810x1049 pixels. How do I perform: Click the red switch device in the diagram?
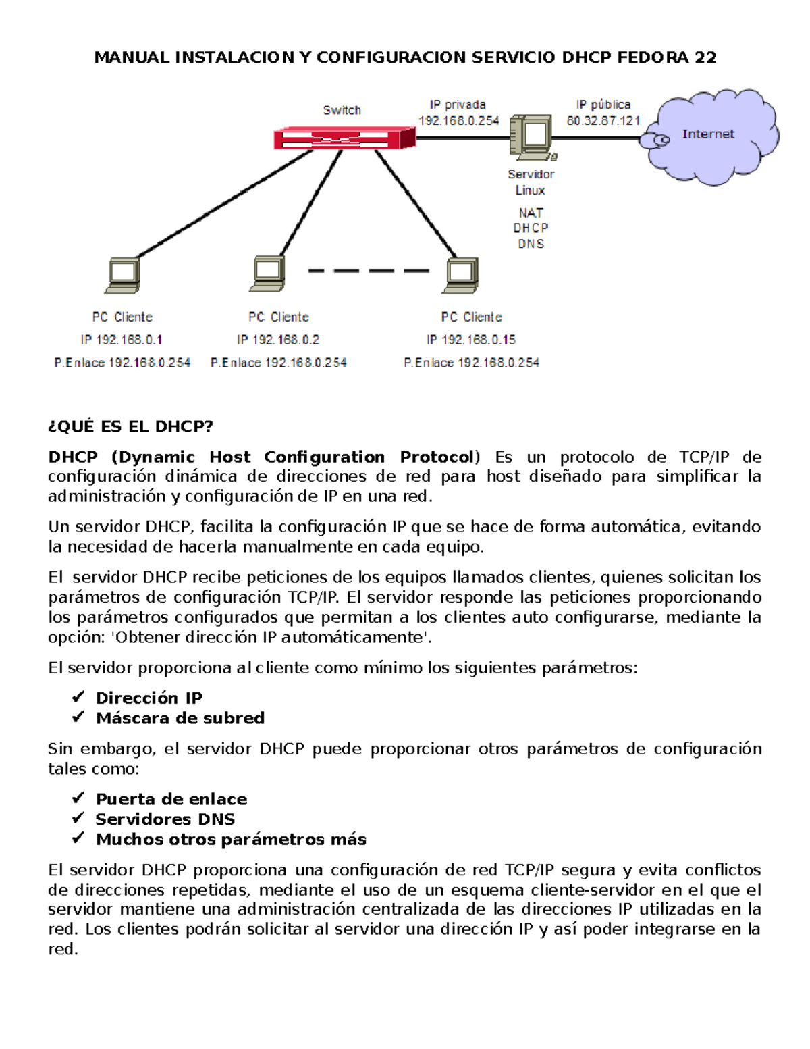[x=344, y=138]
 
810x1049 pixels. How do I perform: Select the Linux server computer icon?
[x=533, y=137]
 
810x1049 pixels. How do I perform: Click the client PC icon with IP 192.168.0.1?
[x=123, y=275]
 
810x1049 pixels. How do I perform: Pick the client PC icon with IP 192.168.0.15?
[x=461, y=275]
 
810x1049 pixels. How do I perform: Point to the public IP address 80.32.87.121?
[x=603, y=121]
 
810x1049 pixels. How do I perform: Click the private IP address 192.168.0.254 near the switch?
[x=459, y=121]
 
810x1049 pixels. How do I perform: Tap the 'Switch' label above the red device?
[x=342, y=110]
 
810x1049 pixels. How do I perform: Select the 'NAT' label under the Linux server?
[x=531, y=213]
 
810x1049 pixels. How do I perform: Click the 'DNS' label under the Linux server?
[x=531, y=244]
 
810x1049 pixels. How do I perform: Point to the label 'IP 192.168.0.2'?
[x=278, y=340]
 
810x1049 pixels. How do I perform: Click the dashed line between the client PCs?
[x=369, y=271]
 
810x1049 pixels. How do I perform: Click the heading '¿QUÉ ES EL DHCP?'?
[x=130, y=426]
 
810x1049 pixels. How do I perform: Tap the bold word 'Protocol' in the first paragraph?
[x=437, y=457]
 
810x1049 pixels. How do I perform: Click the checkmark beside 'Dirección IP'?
[x=78, y=696]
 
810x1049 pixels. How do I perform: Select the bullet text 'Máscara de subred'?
[x=180, y=718]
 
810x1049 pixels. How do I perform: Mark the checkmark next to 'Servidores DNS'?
[x=78, y=818]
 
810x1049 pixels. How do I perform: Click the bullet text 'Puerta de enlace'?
[x=171, y=799]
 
